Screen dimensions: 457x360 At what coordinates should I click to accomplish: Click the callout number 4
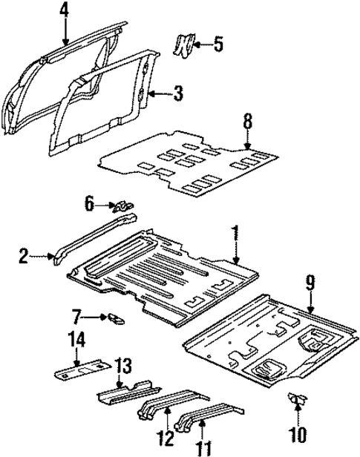(x=65, y=10)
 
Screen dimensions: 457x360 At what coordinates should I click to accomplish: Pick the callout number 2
(x=24, y=257)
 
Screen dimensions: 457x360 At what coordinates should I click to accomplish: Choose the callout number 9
(x=310, y=282)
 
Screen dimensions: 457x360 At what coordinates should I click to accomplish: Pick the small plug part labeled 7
(x=115, y=318)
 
